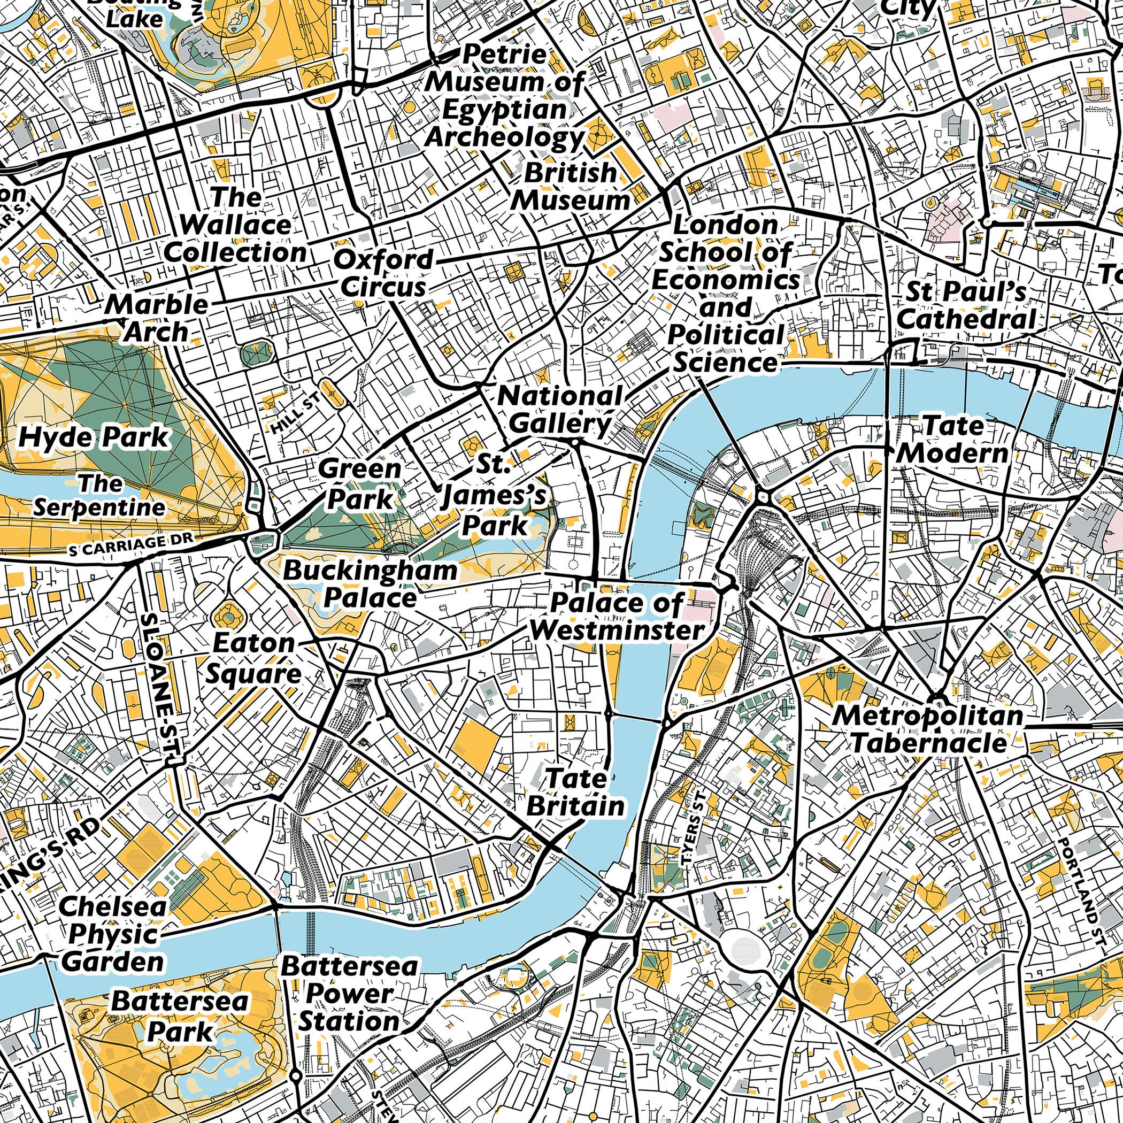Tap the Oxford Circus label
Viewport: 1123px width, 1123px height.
pyautogui.click(x=383, y=273)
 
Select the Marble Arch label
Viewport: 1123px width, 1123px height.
pyautogui.click(x=157, y=318)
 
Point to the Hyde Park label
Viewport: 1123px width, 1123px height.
pyautogui.click(x=94, y=437)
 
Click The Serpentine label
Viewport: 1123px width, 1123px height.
pyautogui.click(x=99, y=496)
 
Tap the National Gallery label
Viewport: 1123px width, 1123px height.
pyautogui.click(x=560, y=410)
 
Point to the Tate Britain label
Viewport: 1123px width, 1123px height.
pyautogui.click(x=576, y=791)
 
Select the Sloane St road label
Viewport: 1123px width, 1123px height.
pyautogui.click(x=158, y=686)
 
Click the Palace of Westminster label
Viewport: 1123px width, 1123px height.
pyautogui.click(x=617, y=616)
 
